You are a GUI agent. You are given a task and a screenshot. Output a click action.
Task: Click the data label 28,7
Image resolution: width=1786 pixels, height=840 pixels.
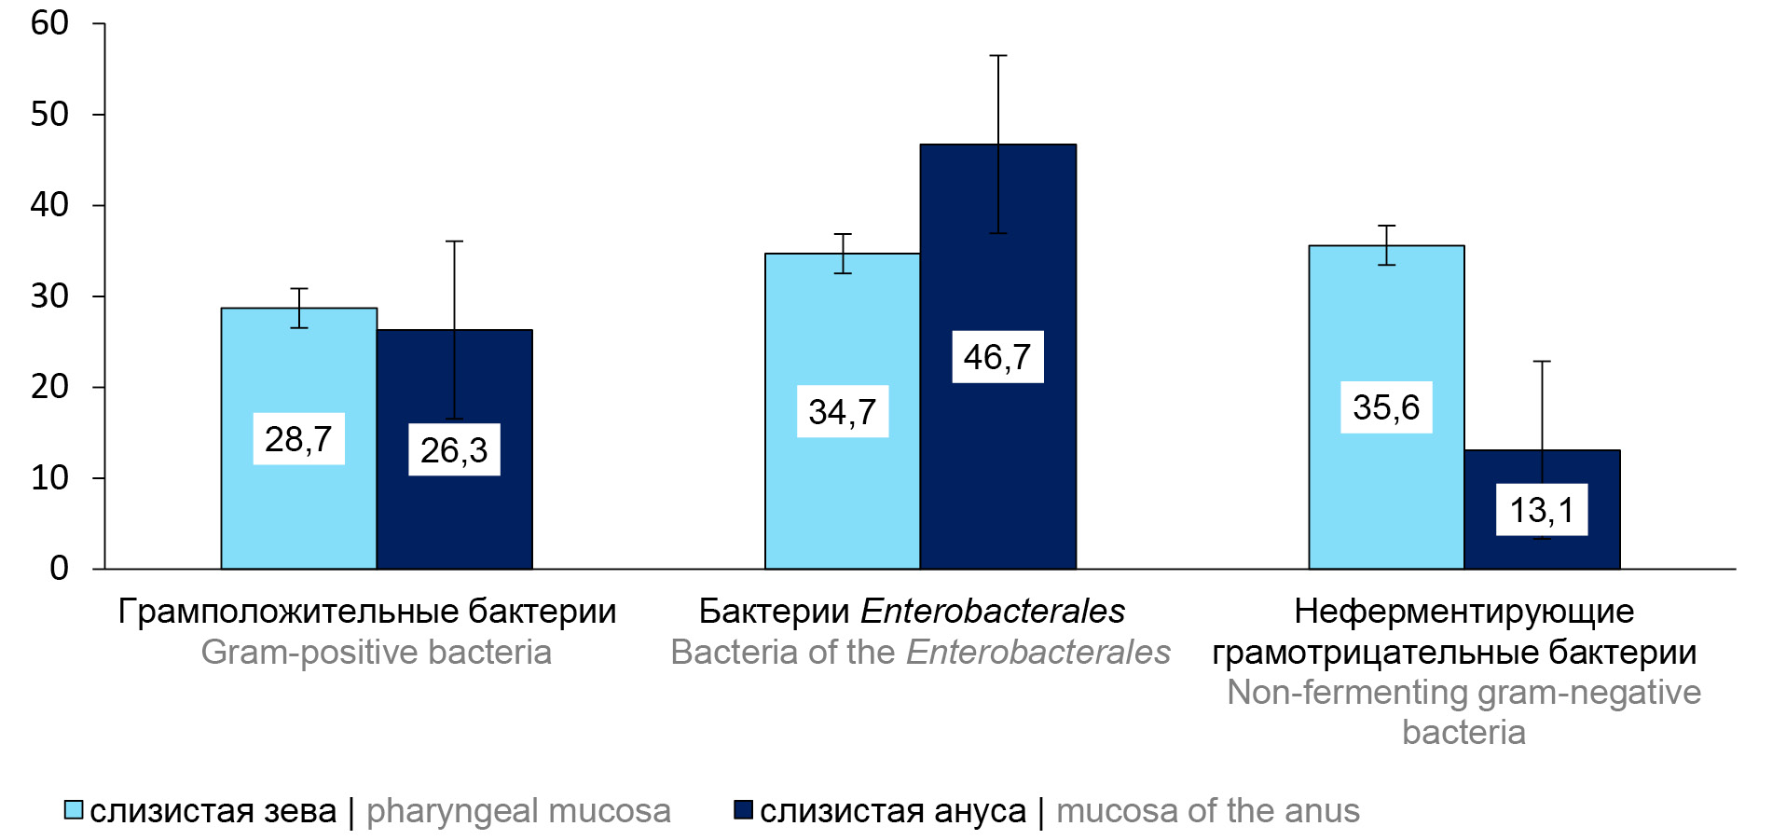(298, 439)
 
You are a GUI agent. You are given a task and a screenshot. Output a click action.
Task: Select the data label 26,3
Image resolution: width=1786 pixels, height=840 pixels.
(454, 450)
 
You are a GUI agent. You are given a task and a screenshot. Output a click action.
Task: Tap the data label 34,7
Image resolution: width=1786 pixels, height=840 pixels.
(842, 412)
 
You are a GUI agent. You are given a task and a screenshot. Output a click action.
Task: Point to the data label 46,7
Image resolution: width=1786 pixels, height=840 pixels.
(997, 357)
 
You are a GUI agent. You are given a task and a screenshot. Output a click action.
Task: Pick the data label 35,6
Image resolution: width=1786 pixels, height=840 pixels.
(1386, 407)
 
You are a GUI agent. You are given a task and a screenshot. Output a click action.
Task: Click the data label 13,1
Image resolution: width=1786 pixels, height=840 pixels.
(1542, 510)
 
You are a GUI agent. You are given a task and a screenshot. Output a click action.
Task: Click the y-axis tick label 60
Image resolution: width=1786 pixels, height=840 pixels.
(49, 23)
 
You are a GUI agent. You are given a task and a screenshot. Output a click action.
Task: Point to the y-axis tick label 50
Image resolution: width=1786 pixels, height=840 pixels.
(49, 115)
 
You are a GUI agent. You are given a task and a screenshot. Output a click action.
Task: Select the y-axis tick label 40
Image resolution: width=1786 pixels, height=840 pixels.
(49, 205)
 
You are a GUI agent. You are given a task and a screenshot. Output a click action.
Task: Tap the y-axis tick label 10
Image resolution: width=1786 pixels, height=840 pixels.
(49, 478)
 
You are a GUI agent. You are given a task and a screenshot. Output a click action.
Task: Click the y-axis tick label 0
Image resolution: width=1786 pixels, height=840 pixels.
(59, 569)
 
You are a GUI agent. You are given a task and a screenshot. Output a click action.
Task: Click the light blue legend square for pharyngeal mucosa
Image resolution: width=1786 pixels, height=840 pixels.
(74, 809)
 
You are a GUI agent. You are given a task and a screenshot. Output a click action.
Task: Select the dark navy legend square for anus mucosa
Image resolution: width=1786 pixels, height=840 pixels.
(743, 809)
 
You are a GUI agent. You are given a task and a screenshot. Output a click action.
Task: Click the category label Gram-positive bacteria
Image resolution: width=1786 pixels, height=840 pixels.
(376, 652)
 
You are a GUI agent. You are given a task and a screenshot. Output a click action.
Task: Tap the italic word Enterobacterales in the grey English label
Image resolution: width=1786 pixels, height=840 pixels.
(1037, 652)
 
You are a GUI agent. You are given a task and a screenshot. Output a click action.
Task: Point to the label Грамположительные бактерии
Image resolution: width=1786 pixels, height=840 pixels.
(367, 612)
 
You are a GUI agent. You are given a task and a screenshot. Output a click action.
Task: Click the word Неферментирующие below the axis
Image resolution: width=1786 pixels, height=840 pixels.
(1463, 612)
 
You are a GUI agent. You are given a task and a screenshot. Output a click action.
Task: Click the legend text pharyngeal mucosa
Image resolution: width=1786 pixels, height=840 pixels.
(518, 811)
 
